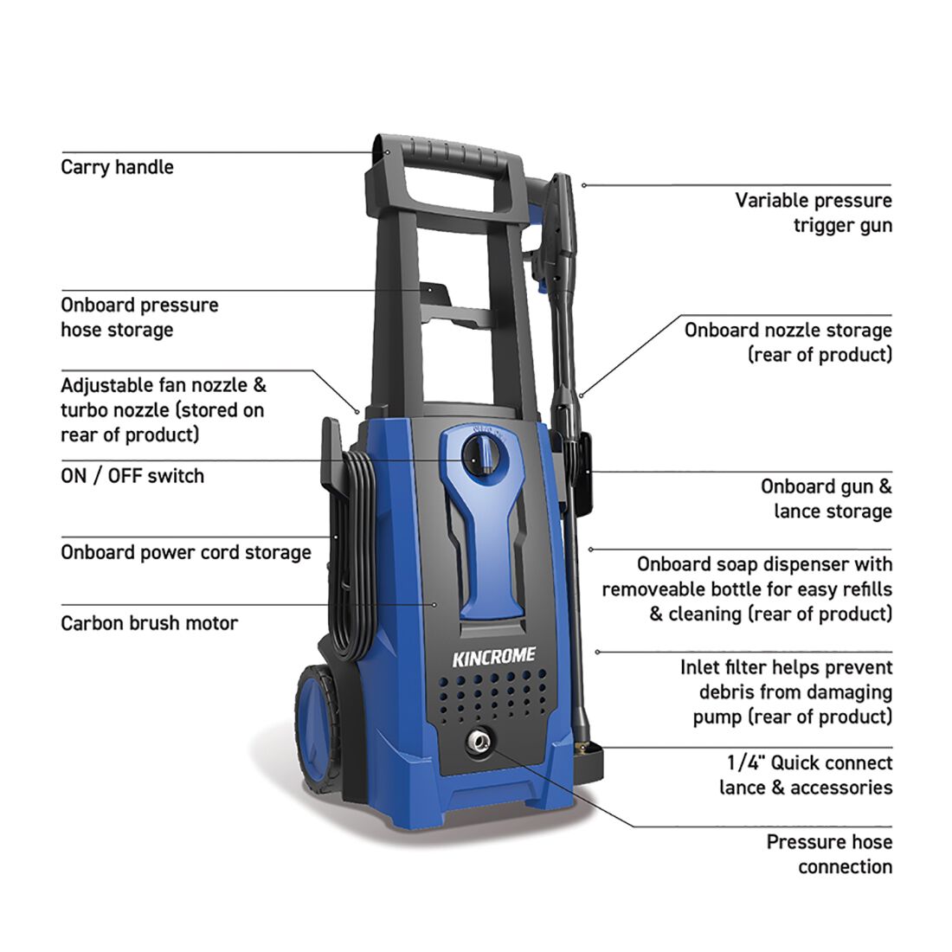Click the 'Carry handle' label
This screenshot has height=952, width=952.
click(x=117, y=167)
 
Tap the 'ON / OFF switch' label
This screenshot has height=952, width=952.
click(x=132, y=476)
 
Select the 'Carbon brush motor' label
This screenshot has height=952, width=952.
click(x=149, y=623)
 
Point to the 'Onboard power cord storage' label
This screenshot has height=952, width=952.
click(x=185, y=552)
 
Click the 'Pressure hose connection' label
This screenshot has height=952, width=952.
click(x=828, y=854)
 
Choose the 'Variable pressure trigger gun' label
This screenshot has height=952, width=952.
click(x=813, y=213)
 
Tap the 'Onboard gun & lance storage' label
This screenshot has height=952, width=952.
click(x=826, y=499)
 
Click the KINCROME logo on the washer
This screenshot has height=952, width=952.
click(x=493, y=657)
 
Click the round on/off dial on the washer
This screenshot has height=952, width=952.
click(x=481, y=456)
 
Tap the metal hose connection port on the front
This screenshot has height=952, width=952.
click(x=477, y=742)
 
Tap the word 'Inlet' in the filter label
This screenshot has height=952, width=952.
click(x=700, y=667)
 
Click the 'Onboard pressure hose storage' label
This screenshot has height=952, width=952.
click(x=139, y=318)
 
